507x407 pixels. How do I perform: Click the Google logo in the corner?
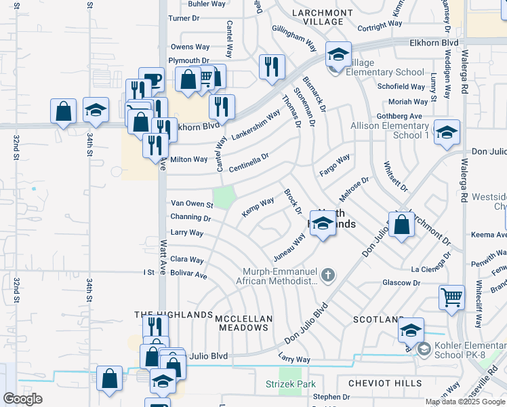(x=22, y=399)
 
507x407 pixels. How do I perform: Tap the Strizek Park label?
(x=290, y=384)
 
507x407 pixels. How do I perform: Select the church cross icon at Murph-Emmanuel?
(x=328, y=275)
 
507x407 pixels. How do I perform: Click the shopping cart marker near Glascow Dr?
(x=452, y=297)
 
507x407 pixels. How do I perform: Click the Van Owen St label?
(x=192, y=203)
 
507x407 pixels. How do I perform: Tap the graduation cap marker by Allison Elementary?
(x=447, y=133)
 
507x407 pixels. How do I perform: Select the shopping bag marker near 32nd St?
(x=63, y=111)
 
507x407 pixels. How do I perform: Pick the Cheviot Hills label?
(x=385, y=383)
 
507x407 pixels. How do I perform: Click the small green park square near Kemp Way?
(x=225, y=196)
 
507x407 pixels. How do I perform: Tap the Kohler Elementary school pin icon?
(x=424, y=349)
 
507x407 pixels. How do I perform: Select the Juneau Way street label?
(x=289, y=250)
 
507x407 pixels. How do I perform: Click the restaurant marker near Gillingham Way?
(x=272, y=67)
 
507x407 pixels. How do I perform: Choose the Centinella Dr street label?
(x=249, y=161)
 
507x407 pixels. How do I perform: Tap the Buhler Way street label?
(x=206, y=4)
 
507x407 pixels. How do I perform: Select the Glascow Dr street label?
(x=401, y=283)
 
